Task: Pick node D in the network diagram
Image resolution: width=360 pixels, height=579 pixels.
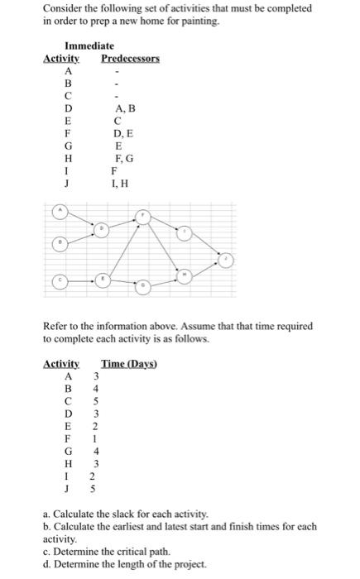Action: tap(103, 227)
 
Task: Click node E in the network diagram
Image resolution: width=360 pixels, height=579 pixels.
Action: tap(103, 280)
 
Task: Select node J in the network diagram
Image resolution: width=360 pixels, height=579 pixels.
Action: tap(227, 260)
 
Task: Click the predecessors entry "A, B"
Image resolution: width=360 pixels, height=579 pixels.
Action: tap(118, 108)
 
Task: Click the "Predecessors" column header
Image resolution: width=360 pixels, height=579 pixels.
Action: tap(130, 60)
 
